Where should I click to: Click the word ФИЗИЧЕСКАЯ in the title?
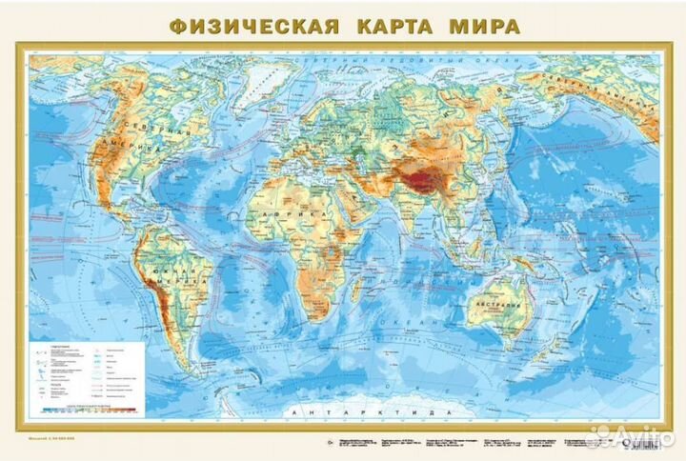(x=255, y=25)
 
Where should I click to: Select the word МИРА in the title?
(x=487, y=25)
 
